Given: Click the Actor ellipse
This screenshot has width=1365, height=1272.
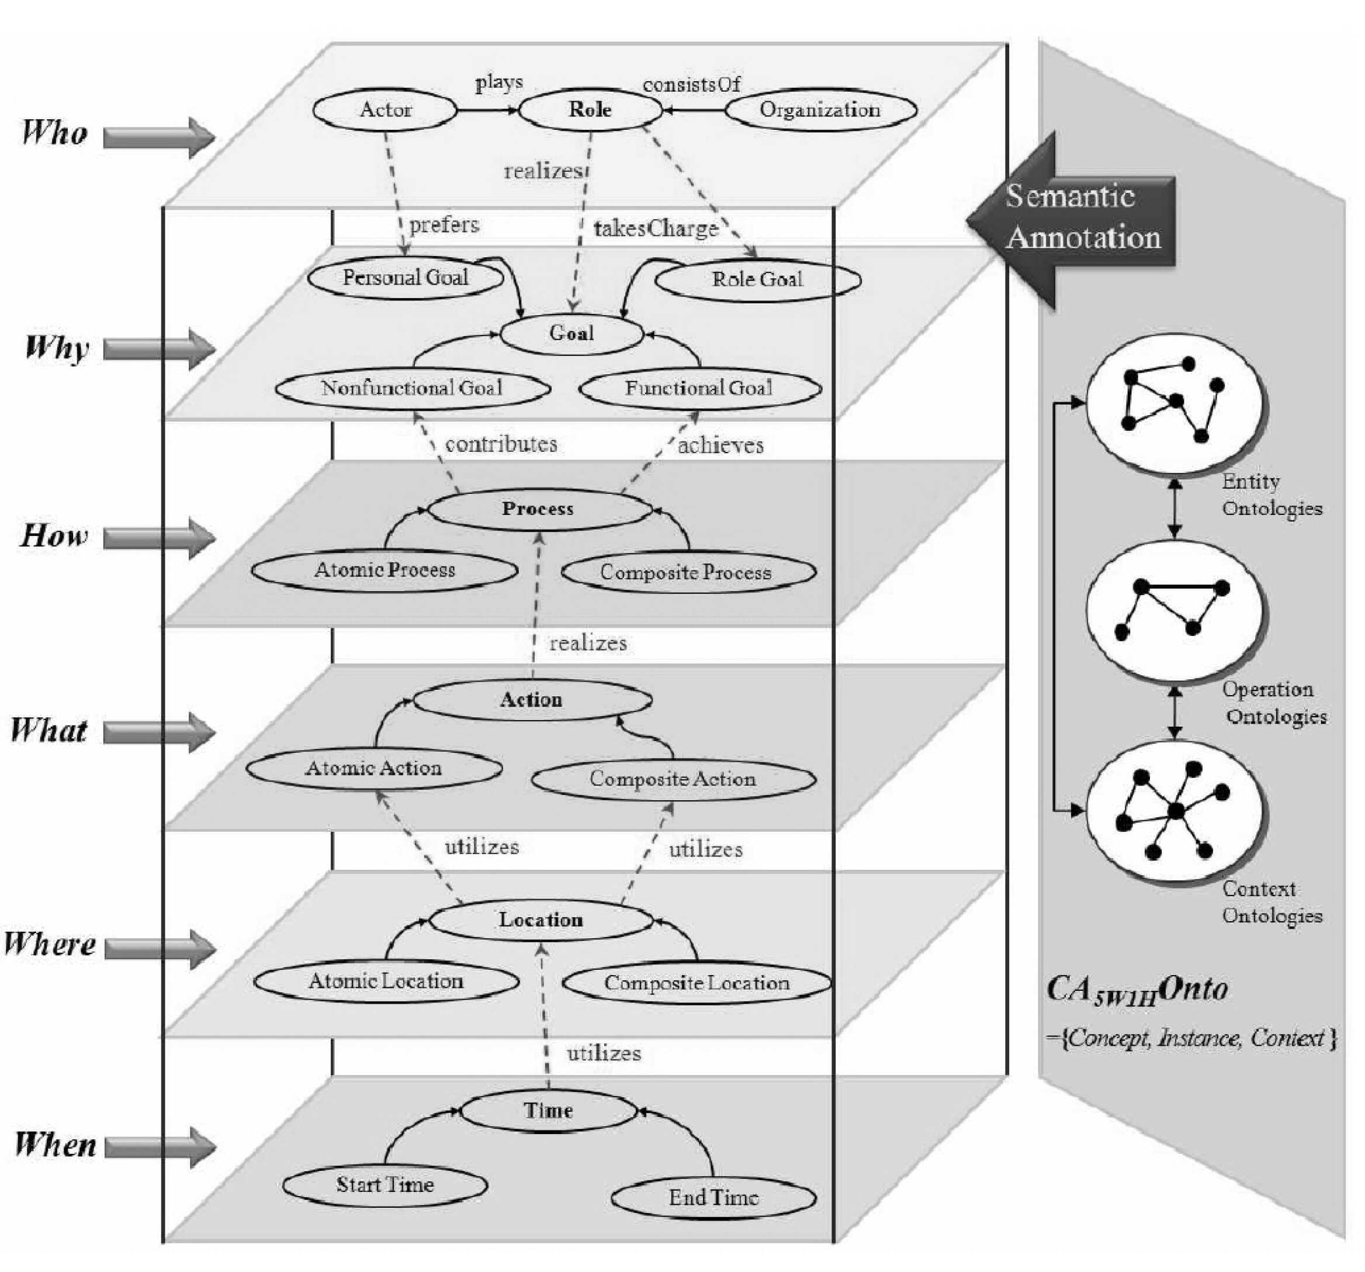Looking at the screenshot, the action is coord(385,110).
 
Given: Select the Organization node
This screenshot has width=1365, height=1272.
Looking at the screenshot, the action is coord(820,110).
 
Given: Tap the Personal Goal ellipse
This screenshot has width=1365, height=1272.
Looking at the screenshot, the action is coord(406,278).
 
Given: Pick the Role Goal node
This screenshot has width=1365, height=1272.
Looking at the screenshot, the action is coord(757,279).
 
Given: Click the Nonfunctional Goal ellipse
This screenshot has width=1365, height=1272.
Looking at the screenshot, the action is coord(413,388).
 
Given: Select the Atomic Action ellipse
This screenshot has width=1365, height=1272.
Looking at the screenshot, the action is coord(374,768).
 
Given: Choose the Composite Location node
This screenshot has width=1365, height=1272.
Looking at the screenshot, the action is coord(697,983).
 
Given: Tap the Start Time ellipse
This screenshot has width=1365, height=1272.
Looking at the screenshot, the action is coord(385,1185).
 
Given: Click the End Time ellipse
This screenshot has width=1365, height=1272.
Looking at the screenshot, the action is coord(713,1198).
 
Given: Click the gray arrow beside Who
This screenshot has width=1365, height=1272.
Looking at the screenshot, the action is coord(160,137).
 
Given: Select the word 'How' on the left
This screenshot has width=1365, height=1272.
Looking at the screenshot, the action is coord(54,535).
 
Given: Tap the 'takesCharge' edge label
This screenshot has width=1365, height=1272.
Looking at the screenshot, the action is coord(656,228).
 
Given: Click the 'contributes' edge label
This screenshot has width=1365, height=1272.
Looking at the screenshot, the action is coord(501,444).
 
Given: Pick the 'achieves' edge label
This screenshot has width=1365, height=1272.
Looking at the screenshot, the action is coord(721,445).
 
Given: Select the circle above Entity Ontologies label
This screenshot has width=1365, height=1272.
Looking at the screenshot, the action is coord(1176,403).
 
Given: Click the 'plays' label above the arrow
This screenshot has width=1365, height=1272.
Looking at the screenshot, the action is coord(499,83).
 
